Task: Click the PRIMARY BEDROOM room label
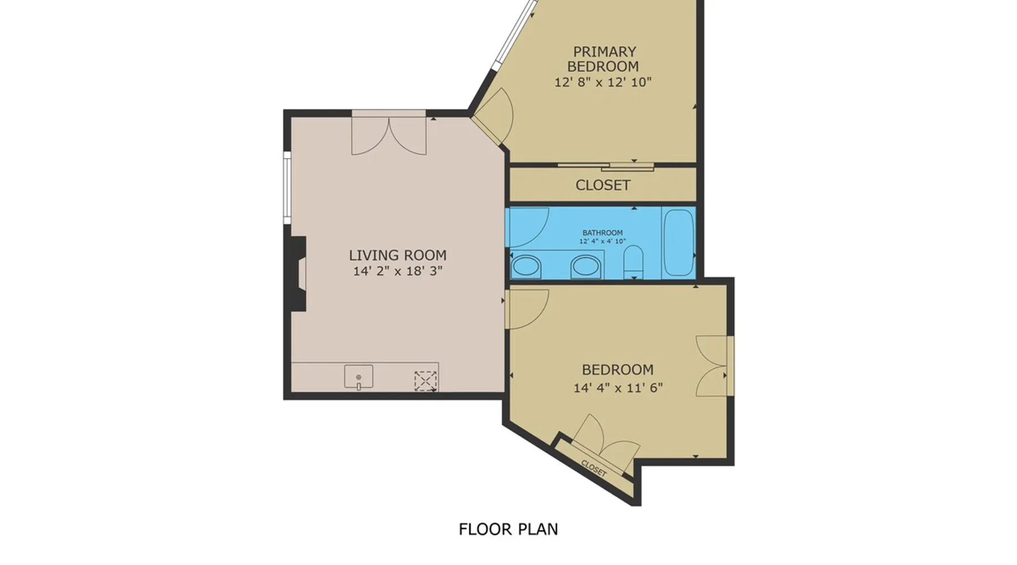click(603, 59)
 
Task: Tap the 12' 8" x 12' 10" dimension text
click(603, 82)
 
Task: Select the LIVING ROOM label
click(398, 255)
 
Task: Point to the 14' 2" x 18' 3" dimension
click(398, 271)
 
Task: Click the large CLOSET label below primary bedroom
click(602, 185)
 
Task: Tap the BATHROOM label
click(602, 233)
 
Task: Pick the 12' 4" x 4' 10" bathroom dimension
click(602, 241)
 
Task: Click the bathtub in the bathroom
click(678, 242)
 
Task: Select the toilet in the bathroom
click(633, 262)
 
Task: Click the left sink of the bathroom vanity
click(526, 266)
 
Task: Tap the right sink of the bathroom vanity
click(585, 266)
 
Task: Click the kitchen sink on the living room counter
click(359, 377)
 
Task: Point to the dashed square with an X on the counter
click(425, 381)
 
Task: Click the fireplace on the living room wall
click(298, 273)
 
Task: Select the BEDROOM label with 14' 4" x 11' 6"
click(618, 370)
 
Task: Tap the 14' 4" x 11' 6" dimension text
click(618, 388)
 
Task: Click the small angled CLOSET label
click(594, 468)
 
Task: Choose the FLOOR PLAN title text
click(508, 529)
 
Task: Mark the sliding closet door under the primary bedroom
click(606, 167)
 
